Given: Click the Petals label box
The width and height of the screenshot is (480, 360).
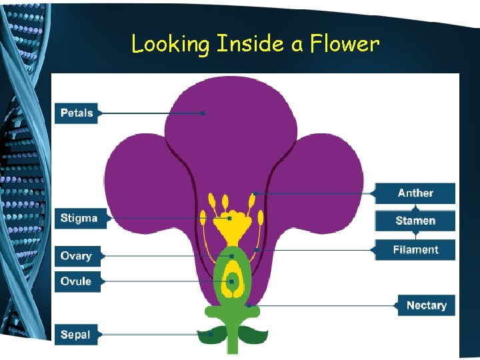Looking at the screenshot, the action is pos(77,113).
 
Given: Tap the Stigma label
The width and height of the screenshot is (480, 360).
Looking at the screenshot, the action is pos(79,218).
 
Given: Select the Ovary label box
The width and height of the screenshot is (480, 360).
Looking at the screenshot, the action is pos(76,256).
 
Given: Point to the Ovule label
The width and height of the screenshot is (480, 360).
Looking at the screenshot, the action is pos(76,281).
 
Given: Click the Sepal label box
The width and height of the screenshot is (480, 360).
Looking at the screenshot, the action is pos(75,334).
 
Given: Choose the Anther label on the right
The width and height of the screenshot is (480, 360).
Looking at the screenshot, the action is pos(415,193).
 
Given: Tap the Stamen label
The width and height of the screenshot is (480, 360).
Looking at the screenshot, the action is pos(415,221).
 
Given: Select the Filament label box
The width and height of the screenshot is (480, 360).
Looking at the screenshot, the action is pos(415,250).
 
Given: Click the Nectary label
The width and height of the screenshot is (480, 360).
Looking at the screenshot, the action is pos(426,305).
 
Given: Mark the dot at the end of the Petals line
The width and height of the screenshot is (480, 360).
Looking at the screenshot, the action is pos(203,113).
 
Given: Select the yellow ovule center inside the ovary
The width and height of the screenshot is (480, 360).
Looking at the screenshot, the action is pos(232,281).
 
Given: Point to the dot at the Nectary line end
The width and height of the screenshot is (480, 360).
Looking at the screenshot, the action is pos(249,305).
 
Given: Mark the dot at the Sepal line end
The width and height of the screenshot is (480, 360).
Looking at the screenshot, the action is pos(211,334).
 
